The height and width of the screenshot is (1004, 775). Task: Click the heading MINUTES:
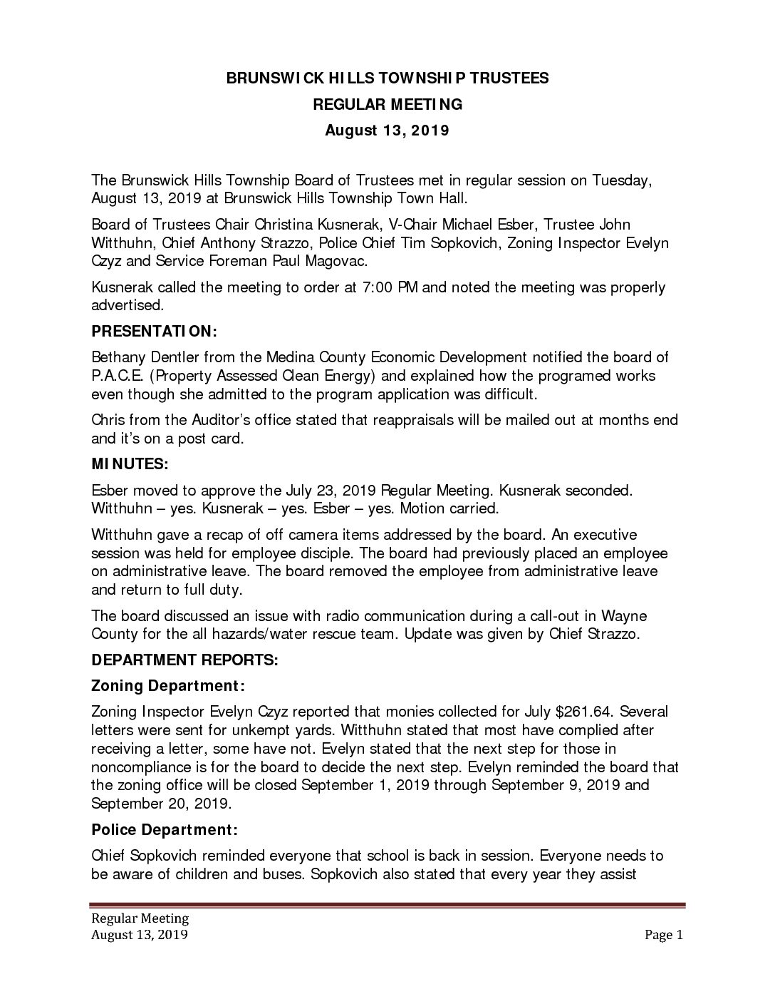[x=130, y=464]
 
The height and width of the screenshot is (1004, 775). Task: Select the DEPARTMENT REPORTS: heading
[x=184, y=660]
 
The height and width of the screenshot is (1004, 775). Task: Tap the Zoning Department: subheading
[x=168, y=686]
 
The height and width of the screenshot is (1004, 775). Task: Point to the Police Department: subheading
[x=165, y=830]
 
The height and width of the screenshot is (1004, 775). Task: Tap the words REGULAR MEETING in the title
[x=387, y=104]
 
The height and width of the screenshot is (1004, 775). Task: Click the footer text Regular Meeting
[x=140, y=918]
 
